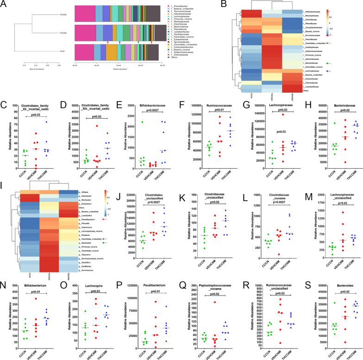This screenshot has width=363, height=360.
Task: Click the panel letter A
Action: coord(4,4)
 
